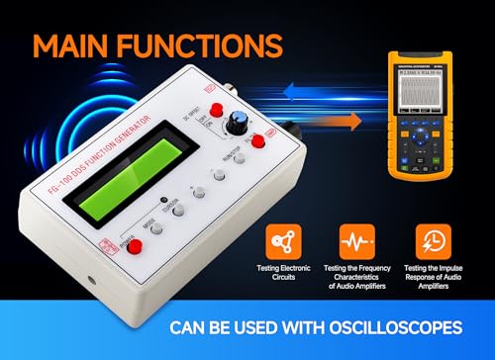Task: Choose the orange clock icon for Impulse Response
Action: click(429, 239)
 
